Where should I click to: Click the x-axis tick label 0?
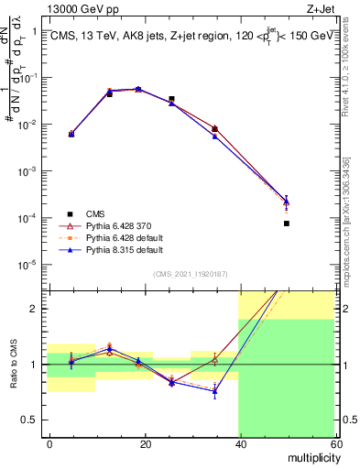pos(49,443)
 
